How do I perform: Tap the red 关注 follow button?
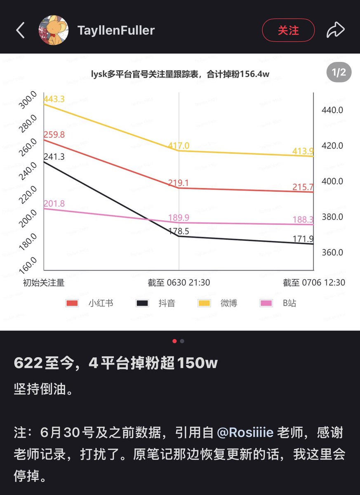tap(288, 30)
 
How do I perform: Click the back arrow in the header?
tap(20, 30)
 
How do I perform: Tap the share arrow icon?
tap(336, 30)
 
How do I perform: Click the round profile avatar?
tap(54, 30)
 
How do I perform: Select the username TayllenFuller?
tap(116, 30)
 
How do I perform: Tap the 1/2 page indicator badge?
tap(339, 72)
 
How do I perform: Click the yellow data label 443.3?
tap(54, 99)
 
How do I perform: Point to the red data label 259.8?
tap(54, 134)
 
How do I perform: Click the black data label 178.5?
tap(179, 231)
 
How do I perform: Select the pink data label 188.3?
tap(303, 219)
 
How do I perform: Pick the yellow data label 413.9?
tap(303, 151)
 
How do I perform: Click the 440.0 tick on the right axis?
tap(332, 110)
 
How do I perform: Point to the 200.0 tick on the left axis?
tap(28, 219)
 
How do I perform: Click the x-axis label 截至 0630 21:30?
tap(179, 283)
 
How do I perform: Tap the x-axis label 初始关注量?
tap(44, 283)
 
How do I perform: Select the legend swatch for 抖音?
tap(142, 303)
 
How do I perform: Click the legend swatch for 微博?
tap(204, 303)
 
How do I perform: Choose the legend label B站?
tap(289, 303)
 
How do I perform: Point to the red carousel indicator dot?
tap(174, 341)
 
